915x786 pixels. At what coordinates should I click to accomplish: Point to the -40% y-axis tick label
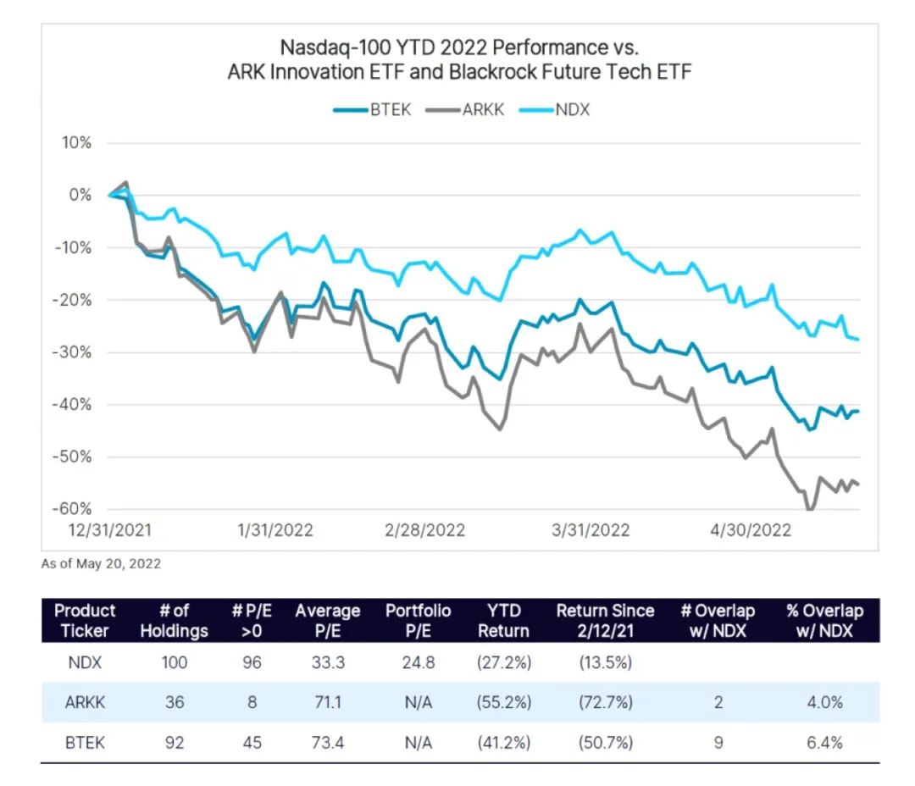pyautogui.click(x=74, y=404)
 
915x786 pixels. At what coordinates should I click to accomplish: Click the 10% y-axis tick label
pyautogui.click(x=76, y=142)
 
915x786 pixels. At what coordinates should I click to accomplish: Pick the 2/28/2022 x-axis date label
pyautogui.click(x=424, y=530)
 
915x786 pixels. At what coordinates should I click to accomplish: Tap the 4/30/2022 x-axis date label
pyautogui.click(x=751, y=530)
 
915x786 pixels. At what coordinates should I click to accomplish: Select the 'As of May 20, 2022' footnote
pyautogui.click(x=101, y=563)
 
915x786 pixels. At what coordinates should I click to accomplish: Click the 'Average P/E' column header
pyautogui.click(x=327, y=620)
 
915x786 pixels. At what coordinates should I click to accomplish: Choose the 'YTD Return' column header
pyautogui.click(x=503, y=620)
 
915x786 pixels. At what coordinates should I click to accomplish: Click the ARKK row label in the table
pyautogui.click(x=85, y=703)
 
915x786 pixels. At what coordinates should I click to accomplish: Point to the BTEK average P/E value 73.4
pyautogui.click(x=327, y=743)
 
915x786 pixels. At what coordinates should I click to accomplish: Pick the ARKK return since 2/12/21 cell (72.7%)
pyautogui.click(x=605, y=703)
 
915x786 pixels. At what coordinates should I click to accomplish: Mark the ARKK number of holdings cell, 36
pyautogui.click(x=175, y=703)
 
